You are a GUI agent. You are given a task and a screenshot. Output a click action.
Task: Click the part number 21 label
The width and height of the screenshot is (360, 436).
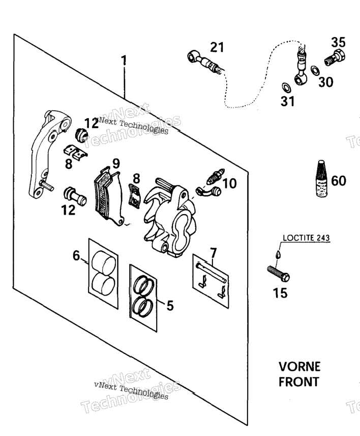pyautogui.click(x=217, y=47)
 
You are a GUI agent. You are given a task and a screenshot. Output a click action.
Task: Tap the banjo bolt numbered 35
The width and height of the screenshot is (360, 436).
pyautogui.click(x=335, y=57)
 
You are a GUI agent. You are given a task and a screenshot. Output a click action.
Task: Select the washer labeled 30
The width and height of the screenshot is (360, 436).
pyautogui.click(x=315, y=70)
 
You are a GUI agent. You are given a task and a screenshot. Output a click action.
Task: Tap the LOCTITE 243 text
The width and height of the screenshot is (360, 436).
pyautogui.click(x=306, y=238)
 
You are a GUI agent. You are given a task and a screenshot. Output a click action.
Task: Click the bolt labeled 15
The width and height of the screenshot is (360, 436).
pyautogui.click(x=278, y=273)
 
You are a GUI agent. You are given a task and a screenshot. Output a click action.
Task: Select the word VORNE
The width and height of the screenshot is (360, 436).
pyautogui.click(x=299, y=366)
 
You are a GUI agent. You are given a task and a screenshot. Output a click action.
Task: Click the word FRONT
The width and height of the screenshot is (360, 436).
pyautogui.click(x=298, y=382)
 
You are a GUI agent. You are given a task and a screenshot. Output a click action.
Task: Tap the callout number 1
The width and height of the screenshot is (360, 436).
pyautogui.click(x=124, y=61)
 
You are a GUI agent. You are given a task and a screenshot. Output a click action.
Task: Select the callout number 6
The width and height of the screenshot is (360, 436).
pyautogui.click(x=76, y=255)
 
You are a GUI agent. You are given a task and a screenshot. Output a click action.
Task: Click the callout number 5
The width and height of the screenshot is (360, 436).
pyautogui.click(x=170, y=306)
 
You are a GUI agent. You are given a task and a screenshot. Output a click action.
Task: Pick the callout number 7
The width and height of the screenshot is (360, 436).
pyautogui.click(x=213, y=253)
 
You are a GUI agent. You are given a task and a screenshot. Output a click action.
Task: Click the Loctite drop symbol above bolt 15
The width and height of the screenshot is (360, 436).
pyautogui.click(x=278, y=253)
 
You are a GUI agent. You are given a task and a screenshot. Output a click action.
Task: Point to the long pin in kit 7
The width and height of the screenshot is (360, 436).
pyautogui.click(x=212, y=273)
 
